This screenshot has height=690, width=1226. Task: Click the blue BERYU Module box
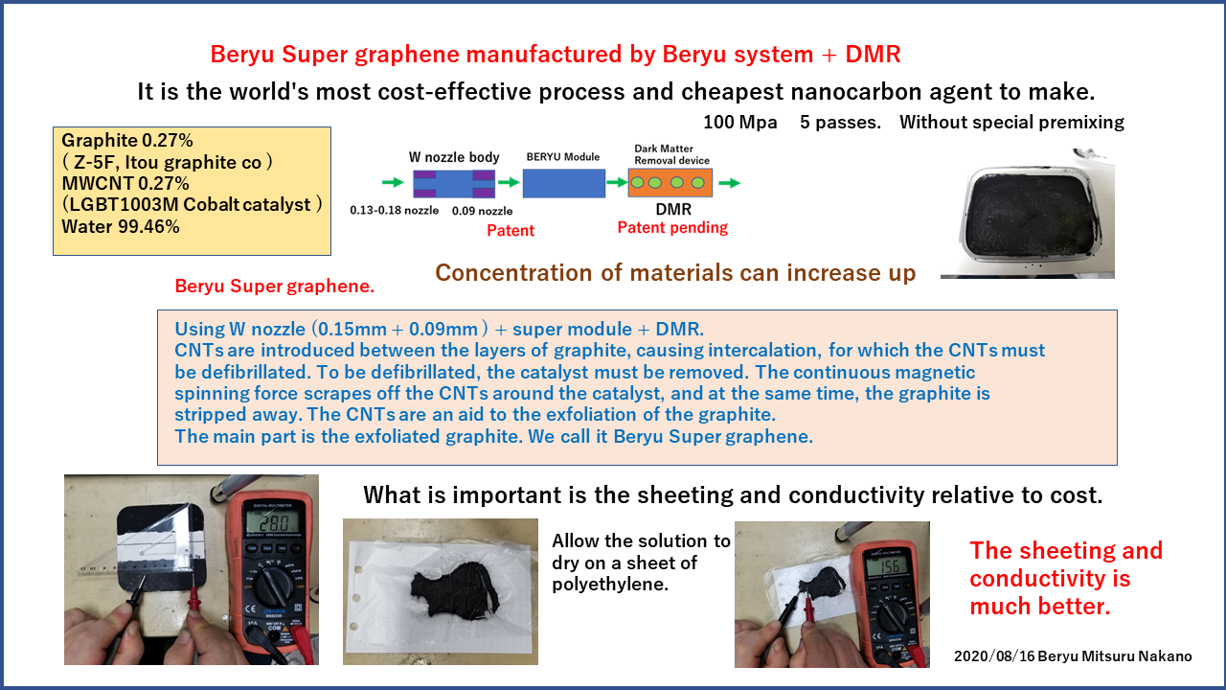564,183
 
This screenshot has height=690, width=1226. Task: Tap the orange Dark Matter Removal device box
670,182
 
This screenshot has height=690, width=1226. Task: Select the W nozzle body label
454,158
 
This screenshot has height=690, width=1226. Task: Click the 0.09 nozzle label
482,211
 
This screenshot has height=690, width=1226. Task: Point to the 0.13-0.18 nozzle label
394,210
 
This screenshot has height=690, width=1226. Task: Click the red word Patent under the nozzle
511,231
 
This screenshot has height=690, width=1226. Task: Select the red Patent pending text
672,228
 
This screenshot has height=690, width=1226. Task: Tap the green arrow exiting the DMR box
729,183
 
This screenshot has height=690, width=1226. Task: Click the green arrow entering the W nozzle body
393,182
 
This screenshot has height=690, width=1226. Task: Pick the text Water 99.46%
121,227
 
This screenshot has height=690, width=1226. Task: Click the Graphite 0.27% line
127,141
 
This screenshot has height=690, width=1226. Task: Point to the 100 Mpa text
740,122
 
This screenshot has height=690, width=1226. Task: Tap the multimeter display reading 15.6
889,565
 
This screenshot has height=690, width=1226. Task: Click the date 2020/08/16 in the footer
994,656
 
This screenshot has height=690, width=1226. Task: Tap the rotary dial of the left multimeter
271,586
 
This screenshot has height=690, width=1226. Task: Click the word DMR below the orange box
673,210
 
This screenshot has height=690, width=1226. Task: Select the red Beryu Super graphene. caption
274,287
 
